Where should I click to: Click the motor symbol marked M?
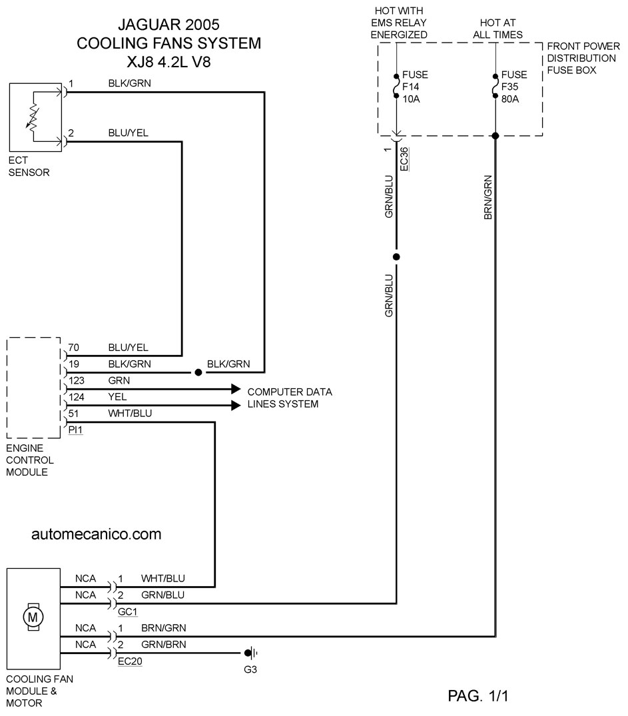[x=33, y=617]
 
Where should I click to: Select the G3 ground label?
[x=250, y=669]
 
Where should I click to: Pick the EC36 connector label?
[x=404, y=159]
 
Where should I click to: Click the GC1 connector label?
[x=127, y=612]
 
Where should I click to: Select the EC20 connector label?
[x=130, y=661]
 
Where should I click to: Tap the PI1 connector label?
[x=75, y=430]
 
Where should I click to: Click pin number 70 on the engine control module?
[x=73, y=348]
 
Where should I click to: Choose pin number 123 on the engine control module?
[x=77, y=380]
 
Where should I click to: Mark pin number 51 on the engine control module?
[x=73, y=413]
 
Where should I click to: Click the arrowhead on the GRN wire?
[x=236, y=389]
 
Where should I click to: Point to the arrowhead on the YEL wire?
[x=236, y=406]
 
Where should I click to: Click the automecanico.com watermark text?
[x=97, y=534]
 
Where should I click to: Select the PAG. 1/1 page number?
[x=478, y=696]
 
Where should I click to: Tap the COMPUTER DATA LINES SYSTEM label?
[x=290, y=398]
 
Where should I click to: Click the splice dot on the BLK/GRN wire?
[x=198, y=372]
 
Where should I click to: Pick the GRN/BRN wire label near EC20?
[x=164, y=644]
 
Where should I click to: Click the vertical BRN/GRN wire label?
[x=487, y=198]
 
